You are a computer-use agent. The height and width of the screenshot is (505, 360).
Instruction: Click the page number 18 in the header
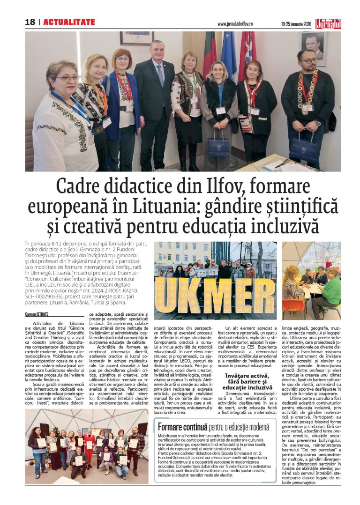click(x=30, y=22)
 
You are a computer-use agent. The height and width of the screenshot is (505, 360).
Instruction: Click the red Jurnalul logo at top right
click(x=328, y=23)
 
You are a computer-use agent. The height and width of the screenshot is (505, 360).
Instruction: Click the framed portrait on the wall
click(x=313, y=48)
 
